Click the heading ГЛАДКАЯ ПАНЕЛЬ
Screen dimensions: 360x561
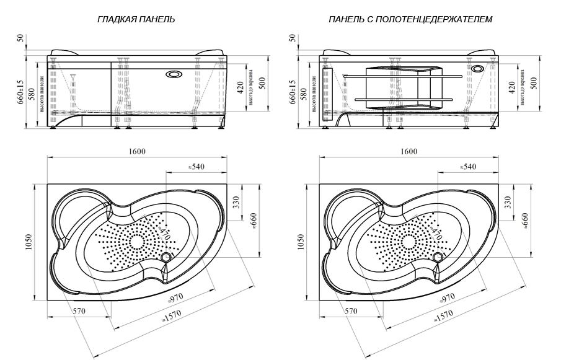[136, 20]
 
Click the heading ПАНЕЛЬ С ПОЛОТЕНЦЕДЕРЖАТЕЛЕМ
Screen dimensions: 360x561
[410, 20]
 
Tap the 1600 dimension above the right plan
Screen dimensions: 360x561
[409, 152]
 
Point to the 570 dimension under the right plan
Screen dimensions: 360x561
[351, 310]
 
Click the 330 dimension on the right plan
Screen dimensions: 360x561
[509, 201]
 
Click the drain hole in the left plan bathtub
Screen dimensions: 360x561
[166, 257]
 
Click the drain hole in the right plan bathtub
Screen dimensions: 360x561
[439, 257]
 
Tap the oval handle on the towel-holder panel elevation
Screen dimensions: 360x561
[478, 69]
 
